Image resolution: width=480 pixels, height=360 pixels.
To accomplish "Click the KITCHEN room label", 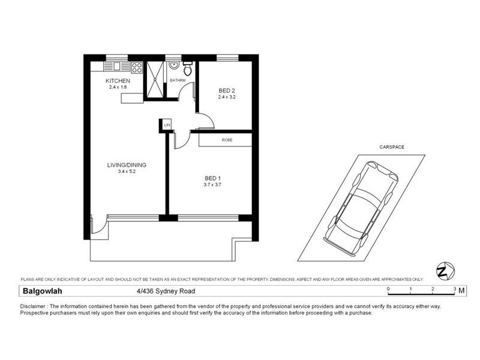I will pyautogui.click(x=118, y=81).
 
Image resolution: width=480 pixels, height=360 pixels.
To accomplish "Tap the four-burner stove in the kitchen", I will pyautogui.click(x=137, y=67).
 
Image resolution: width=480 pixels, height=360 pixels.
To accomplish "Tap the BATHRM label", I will pyautogui.click(x=177, y=80).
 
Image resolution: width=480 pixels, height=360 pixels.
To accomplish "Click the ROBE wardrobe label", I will pyautogui.click(x=227, y=140).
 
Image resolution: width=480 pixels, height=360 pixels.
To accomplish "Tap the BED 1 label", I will pyautogui.click(x=213, y=178).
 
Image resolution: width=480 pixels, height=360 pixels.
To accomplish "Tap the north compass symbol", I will pyautogui.click(x=443, y=271).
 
